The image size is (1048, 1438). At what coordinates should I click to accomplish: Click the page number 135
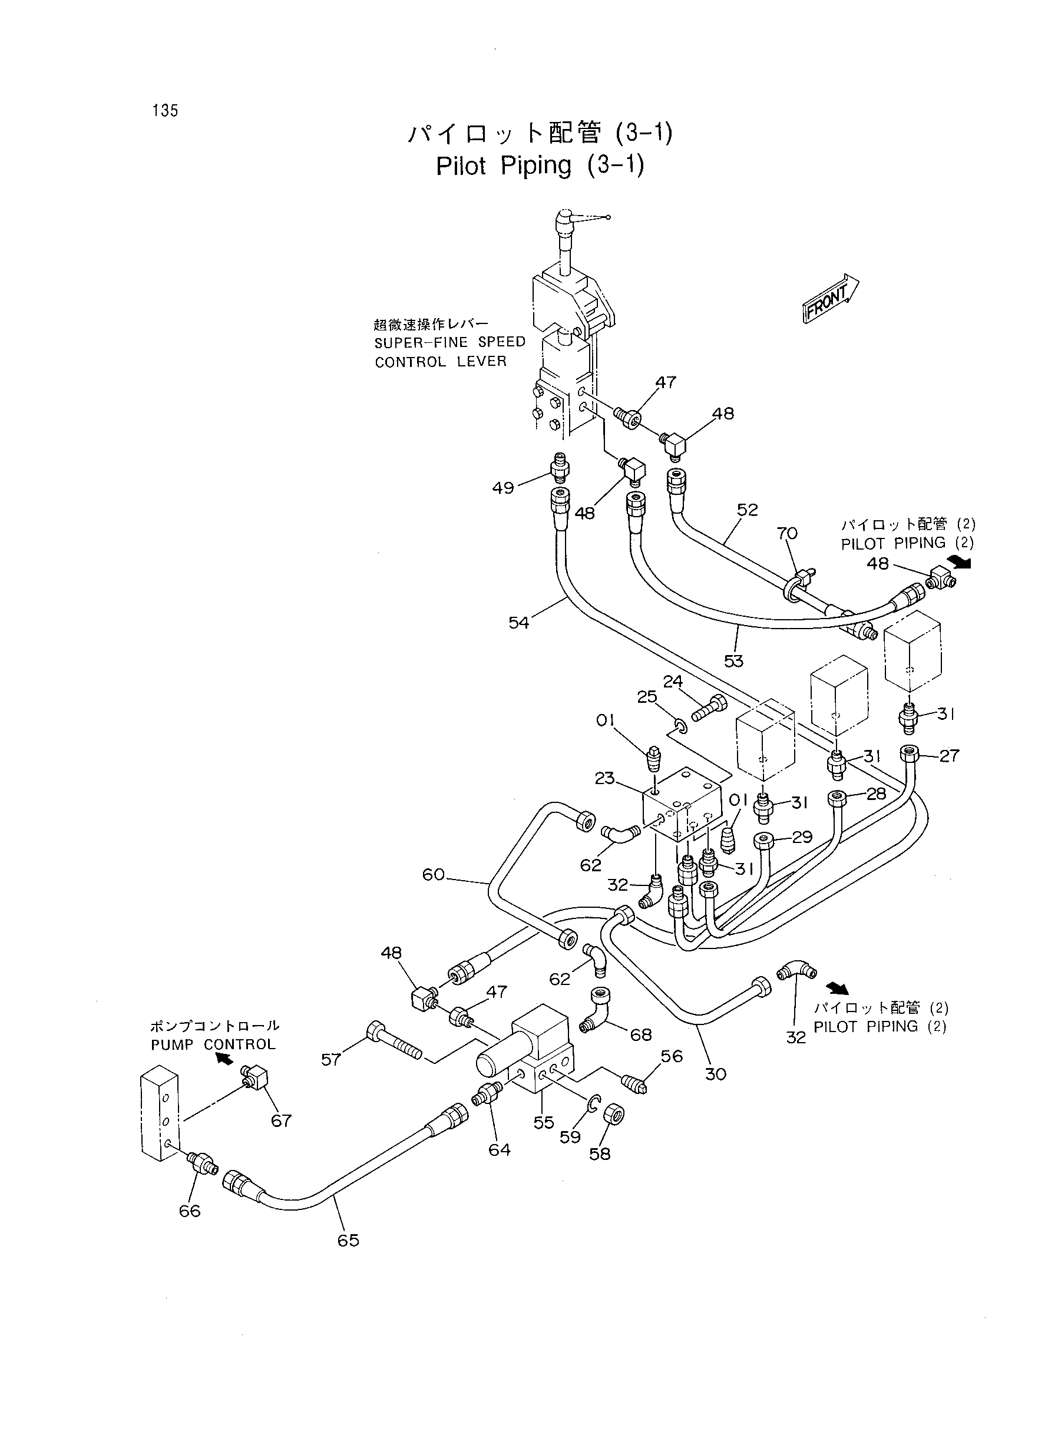pos(165,110)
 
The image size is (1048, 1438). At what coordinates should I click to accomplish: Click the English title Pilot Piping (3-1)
pos(540,166)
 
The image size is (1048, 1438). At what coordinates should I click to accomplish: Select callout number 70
pos(787,534)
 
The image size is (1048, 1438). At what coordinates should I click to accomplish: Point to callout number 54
pos(518,623)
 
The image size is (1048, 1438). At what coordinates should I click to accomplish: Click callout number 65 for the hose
pos(348,1240)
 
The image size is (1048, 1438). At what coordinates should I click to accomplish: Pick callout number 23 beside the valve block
pos(604,778)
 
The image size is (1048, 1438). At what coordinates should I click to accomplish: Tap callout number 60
pos(434,875)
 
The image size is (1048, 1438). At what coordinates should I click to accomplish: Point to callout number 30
pos(716,1074)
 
